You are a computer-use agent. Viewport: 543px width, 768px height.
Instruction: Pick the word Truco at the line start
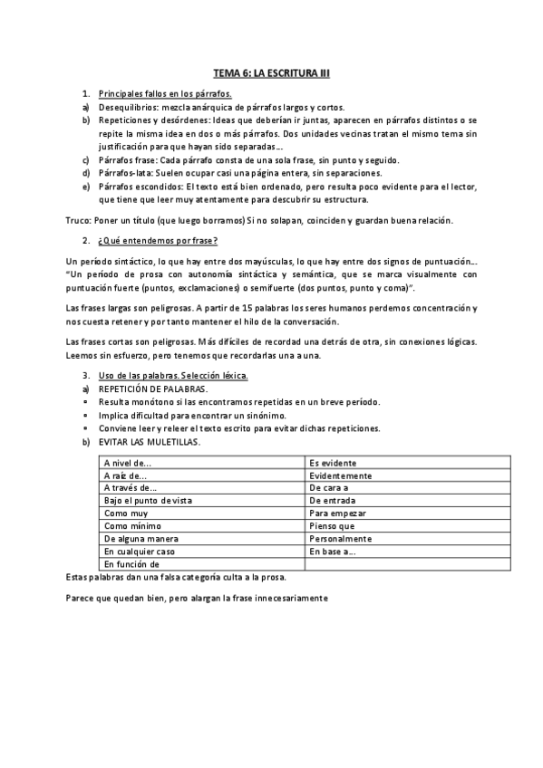80,220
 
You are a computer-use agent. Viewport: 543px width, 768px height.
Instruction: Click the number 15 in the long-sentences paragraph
247,309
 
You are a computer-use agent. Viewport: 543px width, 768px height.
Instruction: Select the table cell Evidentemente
340,475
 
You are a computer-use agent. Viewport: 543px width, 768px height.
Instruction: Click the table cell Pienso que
332,525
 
